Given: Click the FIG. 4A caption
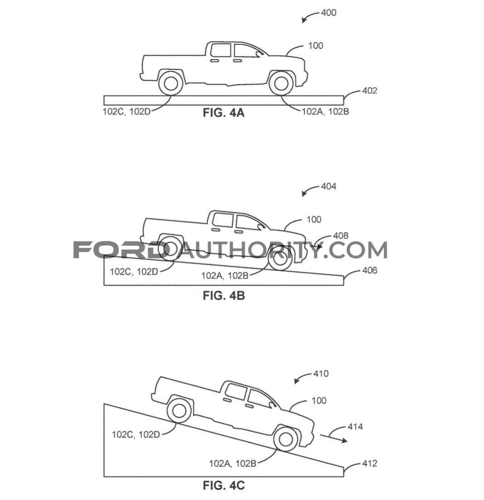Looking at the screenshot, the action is coord(223,113).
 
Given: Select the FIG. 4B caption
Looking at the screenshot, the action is coord(224,296).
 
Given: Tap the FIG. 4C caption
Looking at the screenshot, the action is coord(224,486).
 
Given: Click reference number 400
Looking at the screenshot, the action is coord(329,13).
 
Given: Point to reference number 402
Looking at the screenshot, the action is coord(369,91).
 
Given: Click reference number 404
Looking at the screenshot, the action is coord(329,186).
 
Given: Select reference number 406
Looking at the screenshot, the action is coord(369,270).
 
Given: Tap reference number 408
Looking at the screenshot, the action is coord(341,236).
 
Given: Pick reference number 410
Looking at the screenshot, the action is coord(321,373).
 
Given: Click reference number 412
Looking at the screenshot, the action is coord(369,463).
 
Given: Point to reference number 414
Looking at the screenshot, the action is coord(355,427).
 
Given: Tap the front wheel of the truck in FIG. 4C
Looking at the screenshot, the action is coord(286,439).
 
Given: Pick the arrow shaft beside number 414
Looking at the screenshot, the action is coord(334,438).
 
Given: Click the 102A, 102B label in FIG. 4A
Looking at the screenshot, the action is coord(325,111).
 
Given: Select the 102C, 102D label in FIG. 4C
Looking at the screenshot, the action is coord(136,435).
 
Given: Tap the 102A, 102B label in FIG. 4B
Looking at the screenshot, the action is coord(225,275).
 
